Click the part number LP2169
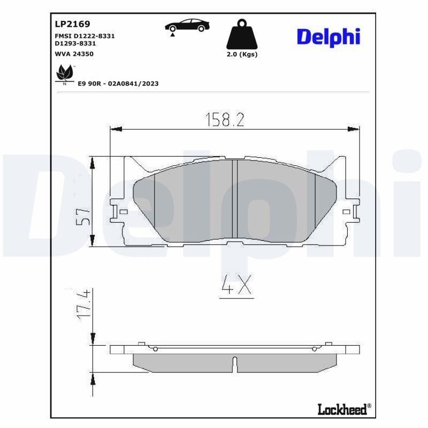pyautogui.click(x=72, y=24)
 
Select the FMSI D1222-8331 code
pyautogui.click(x=85, y=35)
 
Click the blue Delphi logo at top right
pyautogui.click(x=328, y=36)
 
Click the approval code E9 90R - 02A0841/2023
pyautogui.click(x=119, y=83)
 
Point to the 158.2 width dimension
pyautogui.click(x=225, y=119)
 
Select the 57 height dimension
pyautogui.click(x=83, y=217)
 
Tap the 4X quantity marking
pyautogui.click(x=235, y=287)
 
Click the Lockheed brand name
pyautogui.click(x=342, y=409)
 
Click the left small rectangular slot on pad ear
pyautogui.click(x=124, y=212)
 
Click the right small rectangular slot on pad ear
pyautogui.click(x=346, y=212)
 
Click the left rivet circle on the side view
pyautogui.click(x=155, y=349)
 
